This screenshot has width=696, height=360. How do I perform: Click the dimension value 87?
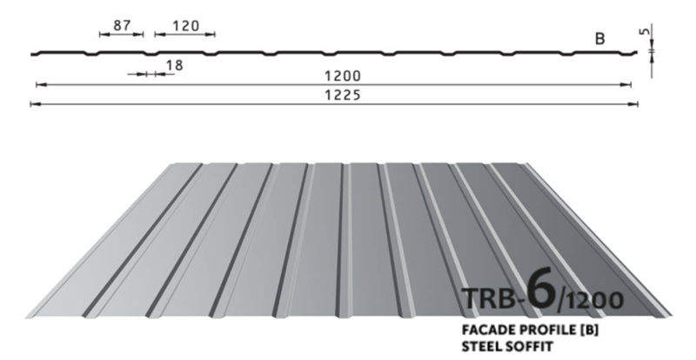122,25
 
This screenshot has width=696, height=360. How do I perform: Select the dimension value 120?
185,26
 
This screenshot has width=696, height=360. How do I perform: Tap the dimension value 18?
175,66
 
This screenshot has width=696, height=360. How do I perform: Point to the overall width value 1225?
342,95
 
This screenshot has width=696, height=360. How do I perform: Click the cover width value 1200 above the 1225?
342,76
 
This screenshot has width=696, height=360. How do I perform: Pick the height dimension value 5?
646,32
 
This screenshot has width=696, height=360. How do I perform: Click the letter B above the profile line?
599,39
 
